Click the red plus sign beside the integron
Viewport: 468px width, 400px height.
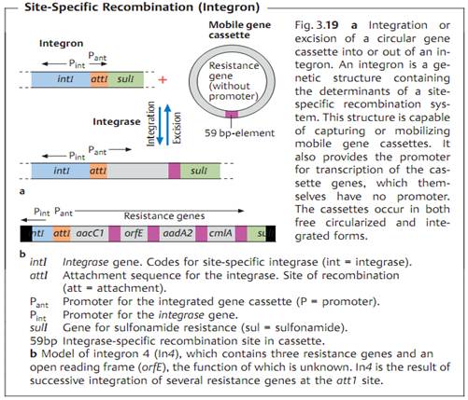[x=163, y=80]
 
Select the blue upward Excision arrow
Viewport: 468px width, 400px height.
[x=168, y=123]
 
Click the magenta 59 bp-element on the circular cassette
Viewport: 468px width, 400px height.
[x=232, y=114]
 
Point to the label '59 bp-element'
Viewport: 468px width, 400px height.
[x=239, y=133]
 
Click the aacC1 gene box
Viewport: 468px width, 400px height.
[x=90, y=233]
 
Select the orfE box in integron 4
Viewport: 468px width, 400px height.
[x=134, y=233]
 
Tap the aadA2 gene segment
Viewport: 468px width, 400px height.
[x=177, y=233]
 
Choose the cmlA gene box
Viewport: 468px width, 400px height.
[x=221, y=233]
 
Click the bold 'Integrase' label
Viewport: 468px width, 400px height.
[x=117, y=121]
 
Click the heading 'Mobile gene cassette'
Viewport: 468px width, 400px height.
[x=239, y=30]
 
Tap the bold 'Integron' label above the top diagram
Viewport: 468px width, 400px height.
[x=61, y=43]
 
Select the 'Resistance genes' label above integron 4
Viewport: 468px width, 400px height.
[x=164, y=216]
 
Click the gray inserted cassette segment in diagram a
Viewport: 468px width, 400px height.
[x=138, y=171]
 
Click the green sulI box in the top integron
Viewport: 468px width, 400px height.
[x=126, y=79]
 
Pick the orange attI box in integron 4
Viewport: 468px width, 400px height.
[x=62, y=233]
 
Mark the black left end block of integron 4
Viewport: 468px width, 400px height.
[x=26, y=233]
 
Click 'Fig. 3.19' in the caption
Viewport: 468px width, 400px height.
[x=317, y=25]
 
